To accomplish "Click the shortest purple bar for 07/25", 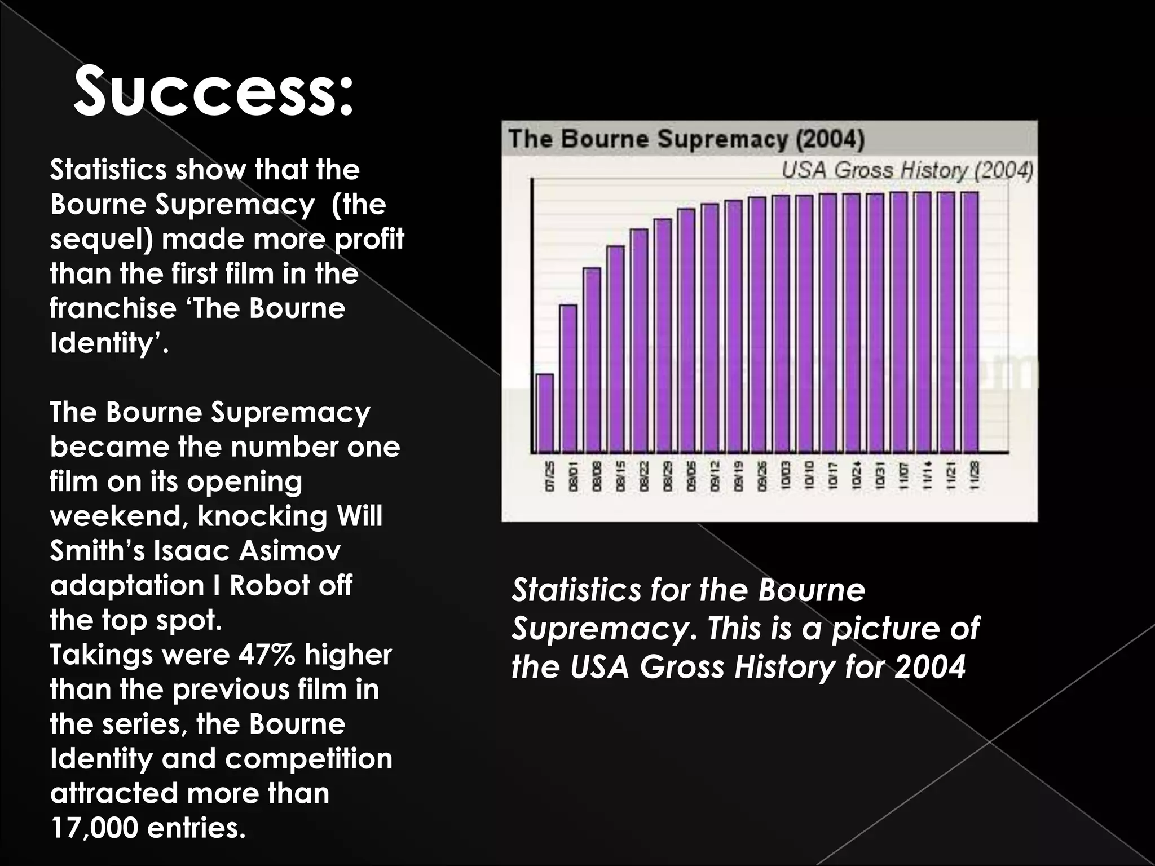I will click(x=544, y=413).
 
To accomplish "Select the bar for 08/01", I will click(x=568, y=379).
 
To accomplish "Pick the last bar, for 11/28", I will click(x=969, y=322).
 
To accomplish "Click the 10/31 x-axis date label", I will click(x=880, y=476).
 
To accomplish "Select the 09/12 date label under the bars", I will click(x=715, y=476).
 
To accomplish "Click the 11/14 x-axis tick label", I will click(x=927, y=476).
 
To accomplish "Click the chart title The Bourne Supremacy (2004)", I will click(x=686, y=139).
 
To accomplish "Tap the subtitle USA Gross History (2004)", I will click(x=907, y=170).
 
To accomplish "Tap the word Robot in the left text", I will click(x=269, y=585).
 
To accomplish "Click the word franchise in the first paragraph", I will click(x=113, y=308).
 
